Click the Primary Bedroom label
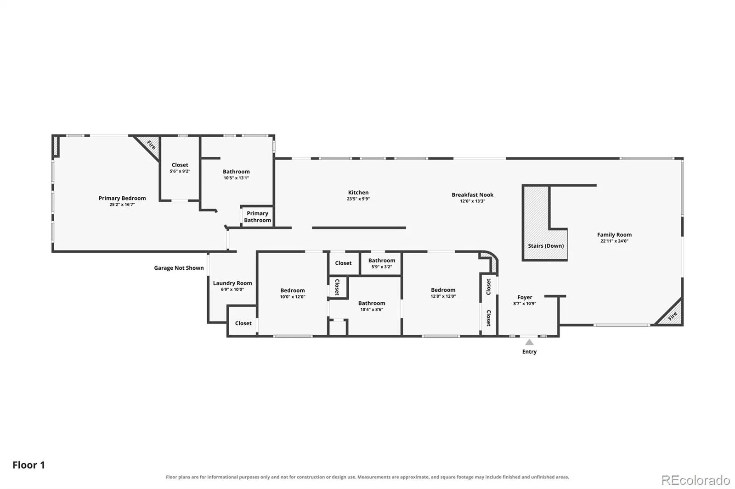tap(122, 198)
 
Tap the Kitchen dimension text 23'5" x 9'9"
tap(358, 199)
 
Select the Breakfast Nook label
tap(473, 194)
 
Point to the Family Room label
tap(614, 235)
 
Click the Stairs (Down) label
tap(546, 246)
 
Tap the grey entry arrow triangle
tap(529, 342)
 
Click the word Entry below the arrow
tap(529, 352)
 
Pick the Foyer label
tap(525, 297)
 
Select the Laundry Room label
tap(232, 283)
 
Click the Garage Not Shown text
tap(179, 268)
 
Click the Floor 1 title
tap(28, 465)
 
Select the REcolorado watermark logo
tap(695, 480)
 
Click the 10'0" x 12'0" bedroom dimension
tap(292, 297)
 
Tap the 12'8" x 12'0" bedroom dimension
tap(443, 296)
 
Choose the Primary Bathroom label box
tap(257, 217)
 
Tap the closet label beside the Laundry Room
tap(243, 323)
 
